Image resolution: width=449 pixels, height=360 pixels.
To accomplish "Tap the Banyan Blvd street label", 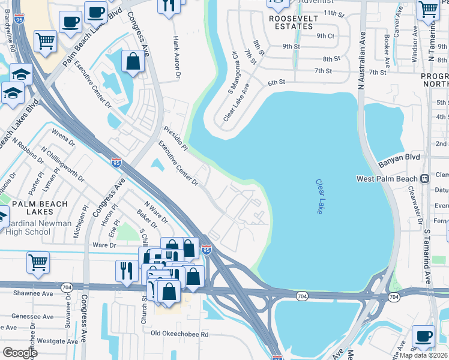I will point(398,162).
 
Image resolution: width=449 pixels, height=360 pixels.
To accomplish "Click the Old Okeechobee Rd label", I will point(179,334).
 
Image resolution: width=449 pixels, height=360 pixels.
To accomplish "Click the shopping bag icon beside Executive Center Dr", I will point(133,61).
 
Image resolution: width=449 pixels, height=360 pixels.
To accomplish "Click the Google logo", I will point(19,353).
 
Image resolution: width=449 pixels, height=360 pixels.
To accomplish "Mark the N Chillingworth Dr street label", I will point(63,164).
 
